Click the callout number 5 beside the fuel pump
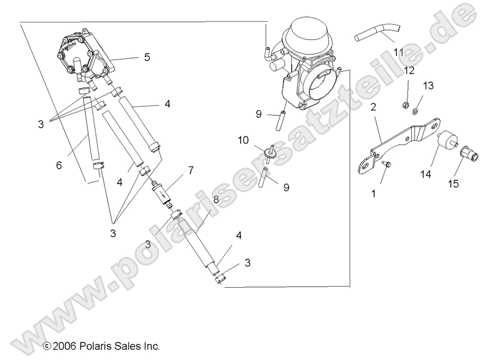[147, 56]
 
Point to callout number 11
[398, 53]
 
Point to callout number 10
[243, 140]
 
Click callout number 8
[216, 200]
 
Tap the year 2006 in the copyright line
[63, 346]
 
